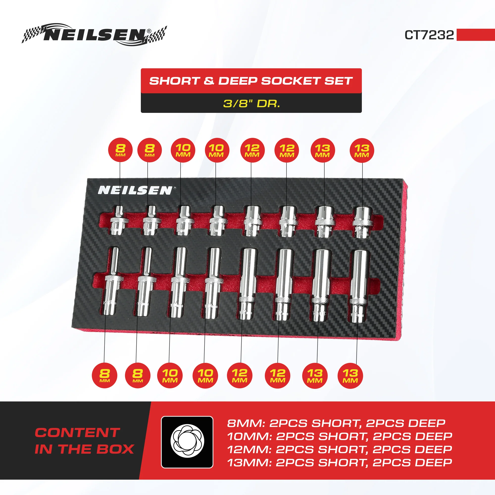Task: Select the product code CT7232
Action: click(x=429, y=35)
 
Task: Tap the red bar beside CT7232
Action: click(x=475, y=35)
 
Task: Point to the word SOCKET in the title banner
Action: click(x=291, y=81)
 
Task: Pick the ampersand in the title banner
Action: click(x=209, y=81)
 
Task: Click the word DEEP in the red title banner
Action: click(x=238, y=81)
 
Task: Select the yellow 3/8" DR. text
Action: click(x=251, y=103)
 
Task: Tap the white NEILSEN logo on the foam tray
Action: click(x=135, y=190)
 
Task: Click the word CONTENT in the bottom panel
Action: click(x=77, y=433)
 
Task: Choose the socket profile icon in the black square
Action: click(x=187, y=442)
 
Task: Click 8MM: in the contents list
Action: click(x=246, y=423)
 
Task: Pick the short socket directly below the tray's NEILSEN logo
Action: click(x=118, y=220)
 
